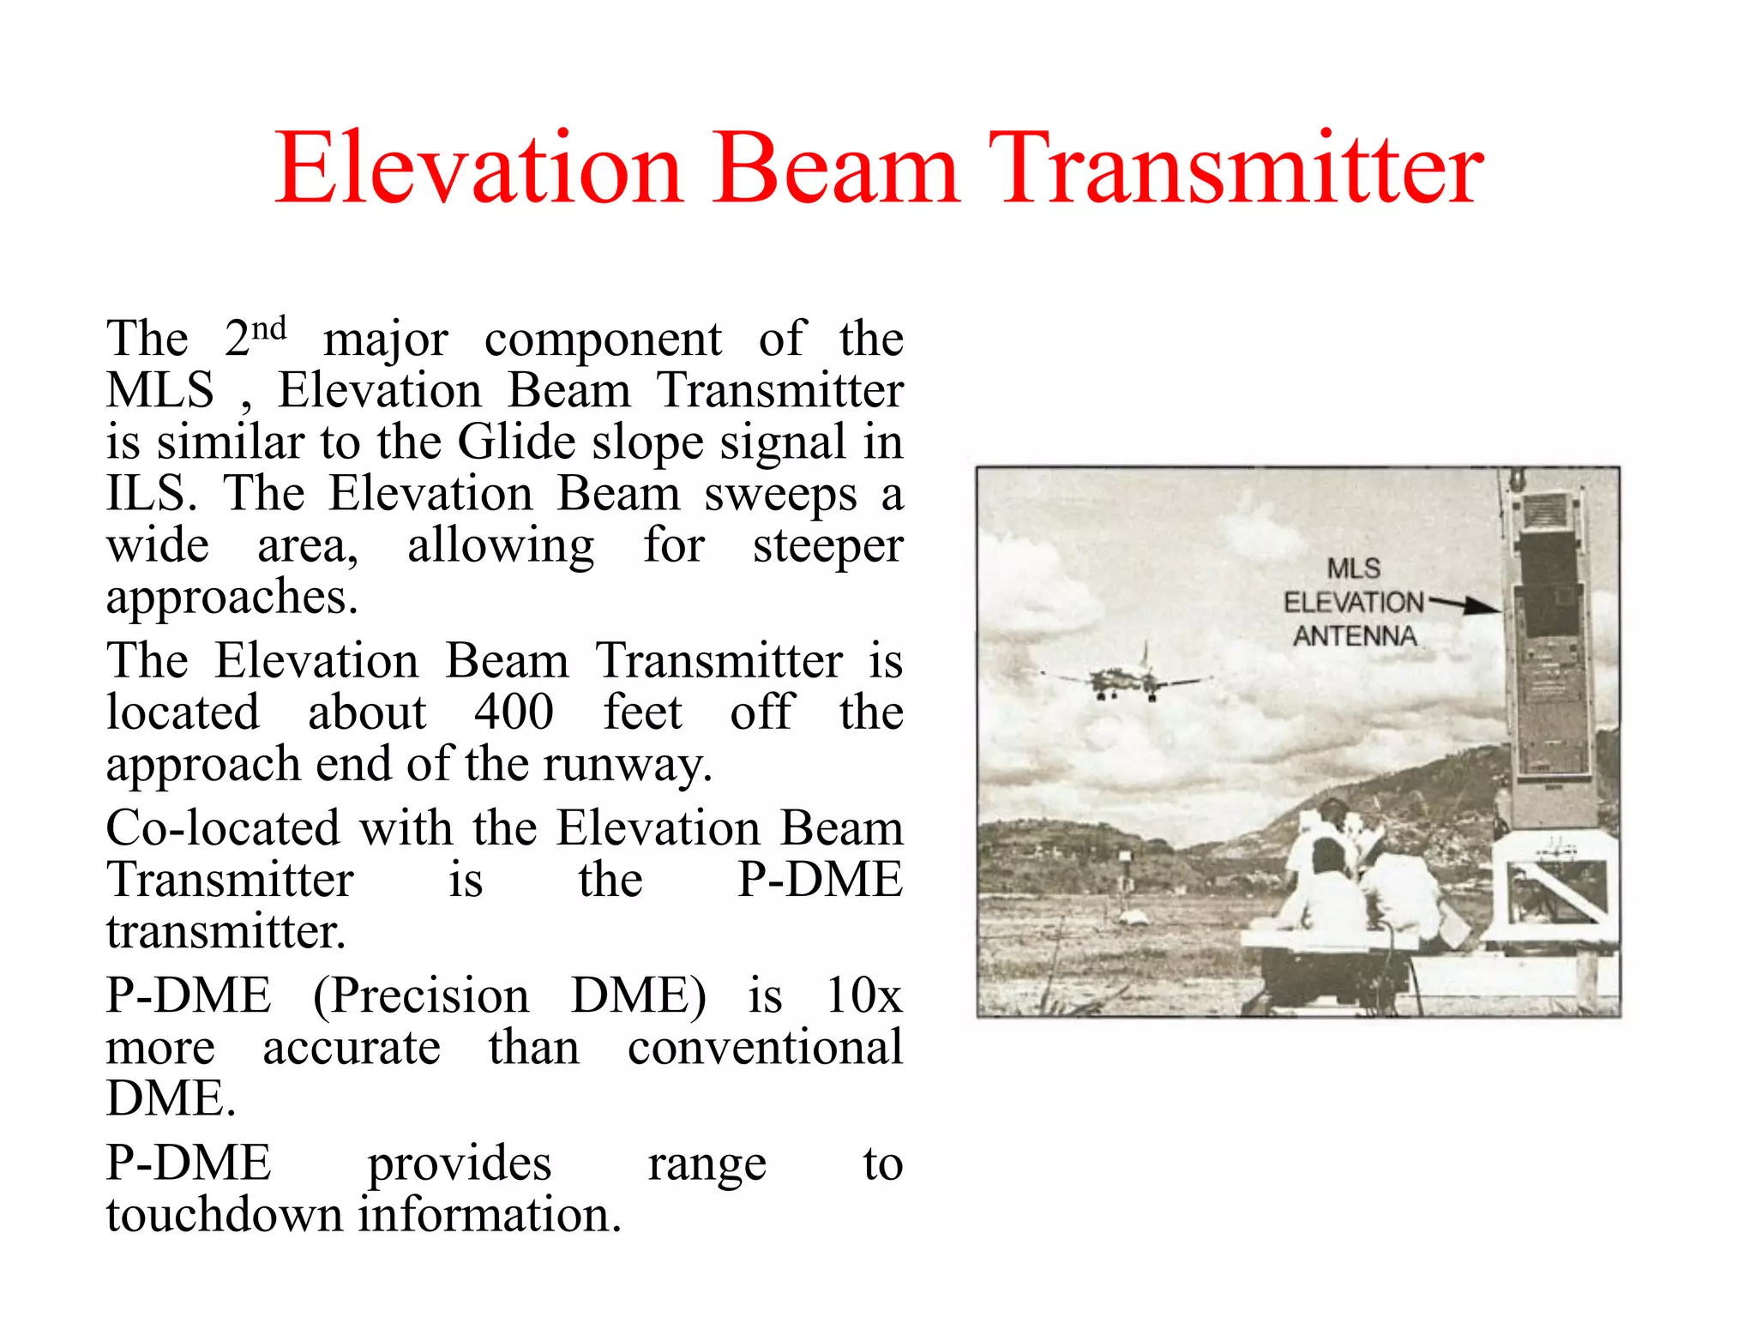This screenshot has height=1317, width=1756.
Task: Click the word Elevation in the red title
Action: coord(478,169)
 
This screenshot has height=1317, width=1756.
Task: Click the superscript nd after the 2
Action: coord(268,328)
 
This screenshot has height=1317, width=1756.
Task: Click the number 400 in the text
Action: coord(514,712)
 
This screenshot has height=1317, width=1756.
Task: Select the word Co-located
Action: coord(222,828)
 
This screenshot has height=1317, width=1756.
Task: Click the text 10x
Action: coord(863,995)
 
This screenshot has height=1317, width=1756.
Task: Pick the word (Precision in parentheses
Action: coord(420,995)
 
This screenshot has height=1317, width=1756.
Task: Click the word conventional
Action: coord(764,1048)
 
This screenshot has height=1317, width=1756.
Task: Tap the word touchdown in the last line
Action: coord(224,1215)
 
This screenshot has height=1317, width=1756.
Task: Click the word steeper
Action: coord(827,546)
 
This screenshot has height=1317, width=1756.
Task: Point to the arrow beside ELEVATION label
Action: coord(1464,604)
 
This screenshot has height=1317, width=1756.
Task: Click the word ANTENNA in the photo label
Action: coord(1355,636)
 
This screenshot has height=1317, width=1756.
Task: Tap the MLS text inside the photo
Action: coord(1354,568)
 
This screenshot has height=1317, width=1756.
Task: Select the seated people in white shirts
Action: coord(1363,883)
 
